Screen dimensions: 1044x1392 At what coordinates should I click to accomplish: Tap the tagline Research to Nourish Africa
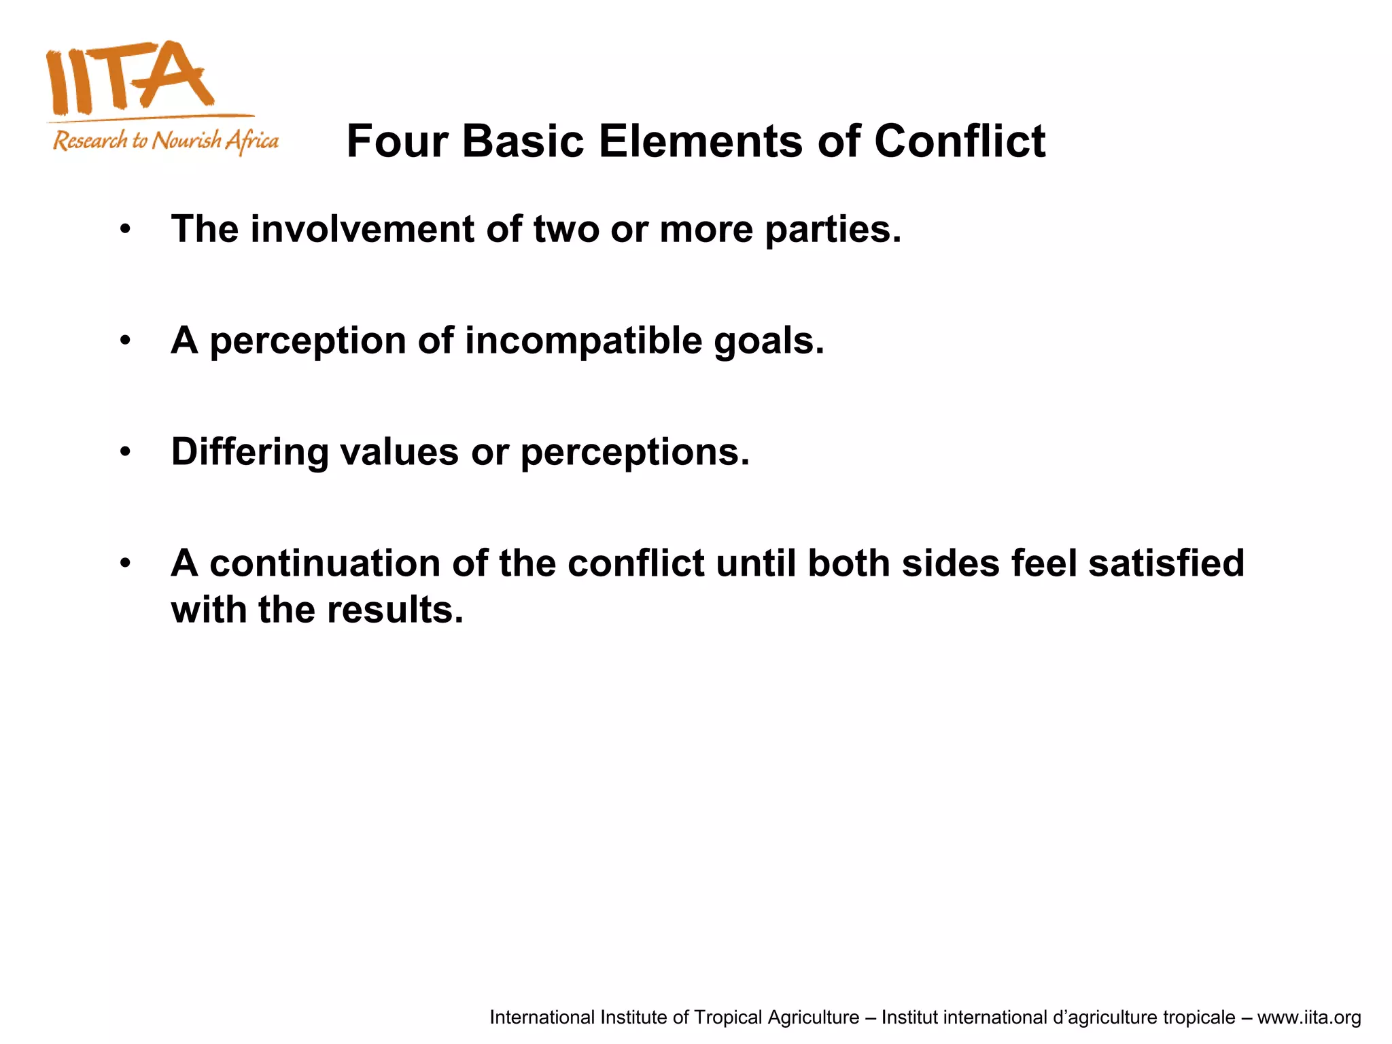click(166, 141)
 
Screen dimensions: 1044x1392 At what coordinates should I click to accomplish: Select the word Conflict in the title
click(959, 141)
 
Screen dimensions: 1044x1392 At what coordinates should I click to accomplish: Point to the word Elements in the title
click(701, 141)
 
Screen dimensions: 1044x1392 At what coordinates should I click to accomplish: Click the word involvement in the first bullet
click(362, 229)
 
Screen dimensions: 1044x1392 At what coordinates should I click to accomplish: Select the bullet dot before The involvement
click(125, 230)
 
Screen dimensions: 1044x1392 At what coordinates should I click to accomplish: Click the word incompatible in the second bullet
click(583, 341)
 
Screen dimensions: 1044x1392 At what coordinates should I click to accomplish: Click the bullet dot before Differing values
click(125, 453)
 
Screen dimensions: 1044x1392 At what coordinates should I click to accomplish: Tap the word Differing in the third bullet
click(249, 453)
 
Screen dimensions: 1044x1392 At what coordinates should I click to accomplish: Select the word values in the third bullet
click(399, 453)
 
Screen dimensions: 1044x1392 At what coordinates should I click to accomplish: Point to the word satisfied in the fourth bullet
click(1166, 563)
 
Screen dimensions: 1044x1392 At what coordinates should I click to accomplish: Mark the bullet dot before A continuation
click(125, 563)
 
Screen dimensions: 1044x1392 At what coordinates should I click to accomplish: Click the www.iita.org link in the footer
click(1308, 1017)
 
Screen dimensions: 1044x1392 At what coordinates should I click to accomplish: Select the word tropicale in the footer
click(1198, 1017)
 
